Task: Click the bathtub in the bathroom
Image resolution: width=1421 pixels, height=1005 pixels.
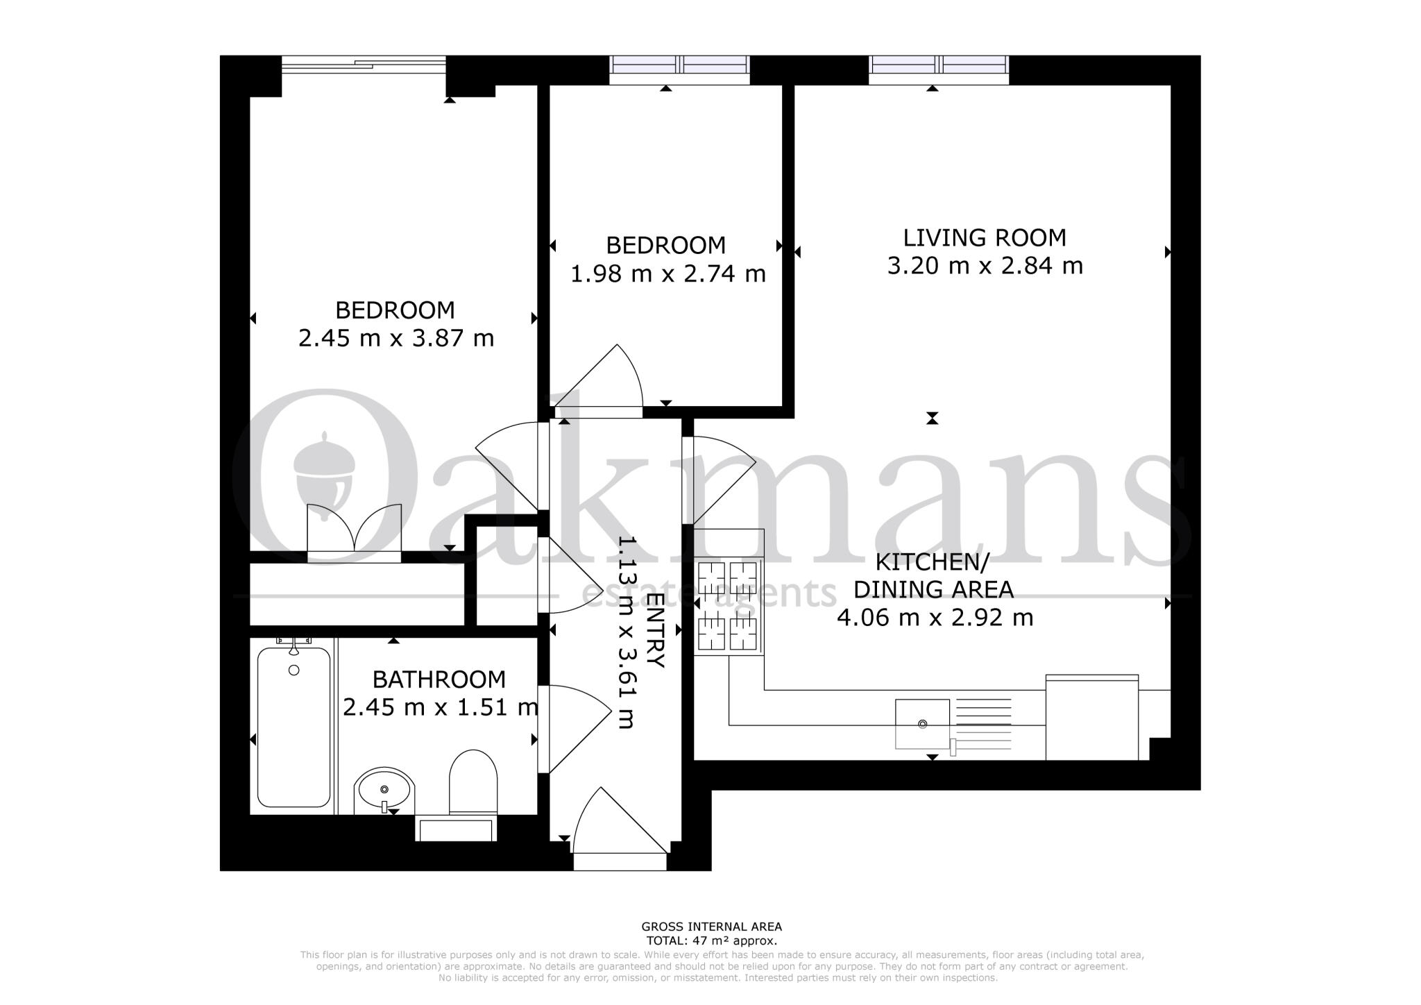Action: pyautogui.click(x=293, y=727)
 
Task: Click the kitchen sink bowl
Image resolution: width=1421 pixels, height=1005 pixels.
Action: pyautogui.click(x=922, y=724)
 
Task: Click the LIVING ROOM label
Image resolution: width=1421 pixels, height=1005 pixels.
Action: pyautogui.click(x=984, y=237)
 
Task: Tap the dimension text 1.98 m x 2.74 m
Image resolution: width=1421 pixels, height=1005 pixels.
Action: pyautogui.click(x=667, y=274)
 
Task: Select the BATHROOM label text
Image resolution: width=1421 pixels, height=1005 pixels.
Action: pyautogui.click(x=439, y=679)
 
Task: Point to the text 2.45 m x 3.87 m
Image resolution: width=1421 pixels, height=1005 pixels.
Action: pyautogui.click(x=395, y=339)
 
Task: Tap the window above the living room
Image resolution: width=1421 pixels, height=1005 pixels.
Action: pyautogui.click(x=938, y=65)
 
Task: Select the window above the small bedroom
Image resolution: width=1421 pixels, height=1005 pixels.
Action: pyautogui.click(x=679, y=65)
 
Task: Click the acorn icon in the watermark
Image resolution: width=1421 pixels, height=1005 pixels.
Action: pyautogui.click(x=324, y=472)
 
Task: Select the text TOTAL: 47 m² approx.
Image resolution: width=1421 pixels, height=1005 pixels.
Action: pyautogui.click(x=711, y=941)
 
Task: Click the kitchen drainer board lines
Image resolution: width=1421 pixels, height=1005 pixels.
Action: pyautogui.click(x=984, y=722)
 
